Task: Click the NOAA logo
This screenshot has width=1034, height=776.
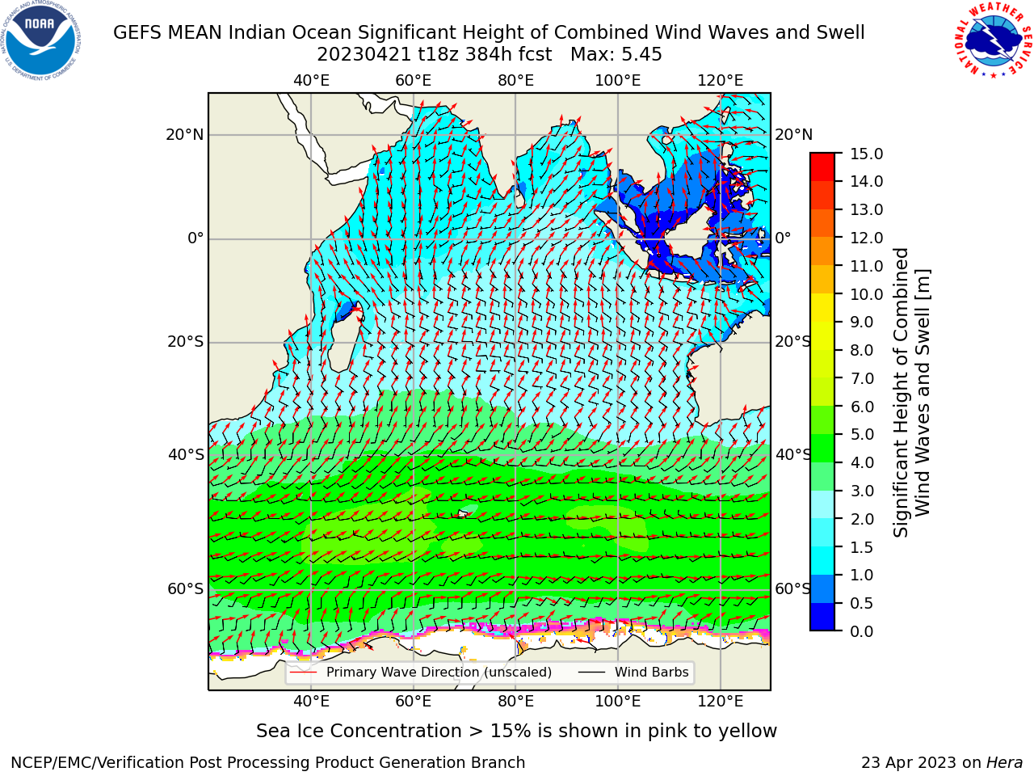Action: click(41, 40)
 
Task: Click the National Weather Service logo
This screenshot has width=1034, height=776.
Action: click(993, 40)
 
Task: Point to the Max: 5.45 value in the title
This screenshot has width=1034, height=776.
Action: click(616, 55)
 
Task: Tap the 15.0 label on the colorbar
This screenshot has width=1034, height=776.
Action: click(866, 154)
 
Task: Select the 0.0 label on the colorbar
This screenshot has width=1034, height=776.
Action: click(861, 631)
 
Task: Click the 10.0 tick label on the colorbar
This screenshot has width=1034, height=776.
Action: click(866, 294)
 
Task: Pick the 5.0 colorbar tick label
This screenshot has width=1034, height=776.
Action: click(861, 434)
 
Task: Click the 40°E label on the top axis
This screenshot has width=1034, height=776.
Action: click(311, 81)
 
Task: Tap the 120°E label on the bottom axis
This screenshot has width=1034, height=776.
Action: click(720, 702)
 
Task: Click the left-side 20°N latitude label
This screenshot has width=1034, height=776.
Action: click(185, 135)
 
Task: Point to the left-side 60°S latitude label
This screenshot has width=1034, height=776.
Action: click(186, 589)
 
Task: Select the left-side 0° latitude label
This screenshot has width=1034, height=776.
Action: click(195, 238)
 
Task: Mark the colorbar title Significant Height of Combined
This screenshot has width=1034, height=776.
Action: click(900, 393)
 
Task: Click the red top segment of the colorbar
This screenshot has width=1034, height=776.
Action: click(822, 160)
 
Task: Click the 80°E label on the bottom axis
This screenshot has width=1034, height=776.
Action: click(515, 702)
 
